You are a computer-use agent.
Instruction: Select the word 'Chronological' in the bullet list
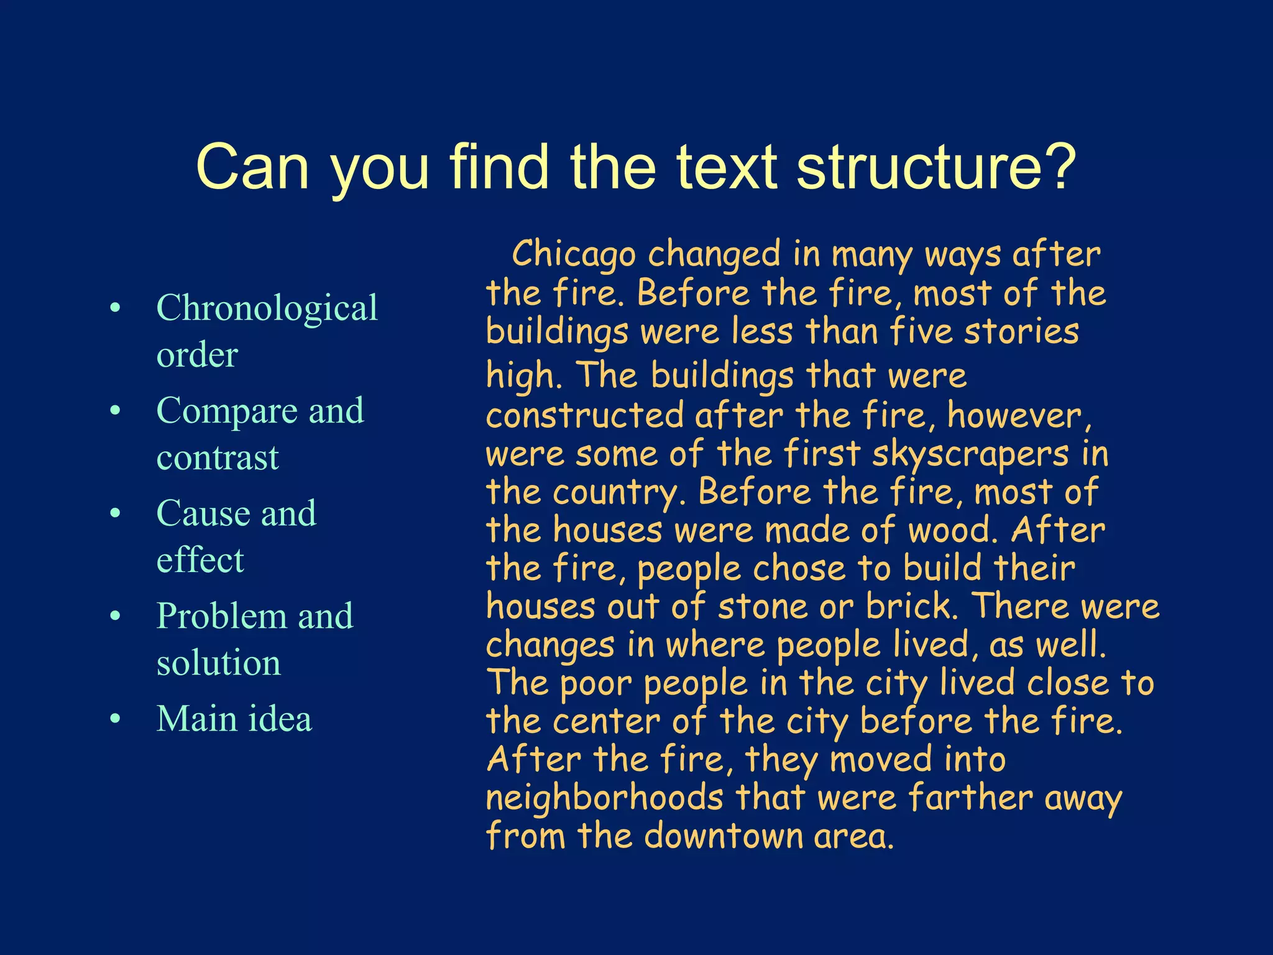pyautogui.click(x=267, y=308)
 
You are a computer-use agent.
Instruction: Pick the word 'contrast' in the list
pyautogui.click(x=218, y=458)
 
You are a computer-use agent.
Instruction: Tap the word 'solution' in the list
pyautogui.click(x=218, y=663)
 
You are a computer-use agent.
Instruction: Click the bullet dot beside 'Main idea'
pyautogui.click(x=115, y=719)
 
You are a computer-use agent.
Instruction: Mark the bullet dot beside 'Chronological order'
pyautogui.click(x=115, y=308)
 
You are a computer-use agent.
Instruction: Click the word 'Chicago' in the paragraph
pyautogui.click(x=574, y=255)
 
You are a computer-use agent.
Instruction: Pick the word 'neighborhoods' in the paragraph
pyautogui.click(x=604, y=798)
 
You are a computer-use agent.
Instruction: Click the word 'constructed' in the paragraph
pyautogui.click(x=584, y=416)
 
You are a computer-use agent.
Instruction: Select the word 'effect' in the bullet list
pyautogui.click(x=200, y=560)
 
